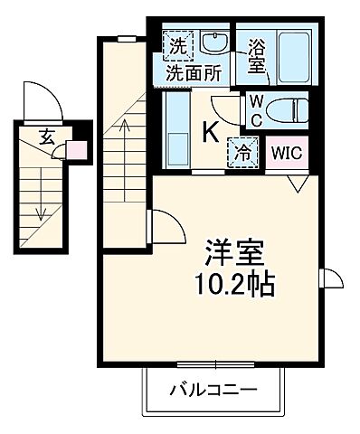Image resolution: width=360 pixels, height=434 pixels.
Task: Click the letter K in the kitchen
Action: click(209, 132)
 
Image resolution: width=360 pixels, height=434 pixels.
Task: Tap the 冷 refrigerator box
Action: click(242, 150)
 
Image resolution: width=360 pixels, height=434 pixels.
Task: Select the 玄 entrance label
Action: click(46, 137)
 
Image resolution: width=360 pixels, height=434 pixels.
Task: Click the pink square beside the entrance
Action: click(79, 150)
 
